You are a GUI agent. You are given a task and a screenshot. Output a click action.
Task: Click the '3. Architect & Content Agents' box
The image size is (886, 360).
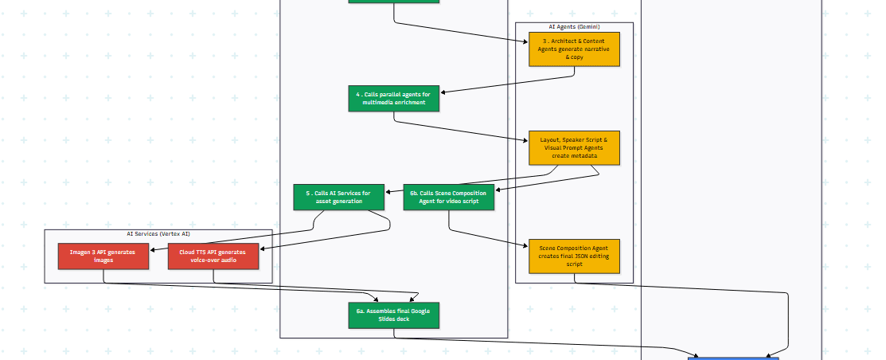(x=574, y=49)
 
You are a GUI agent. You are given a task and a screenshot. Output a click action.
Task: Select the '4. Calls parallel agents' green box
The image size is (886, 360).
(x=393, y=98)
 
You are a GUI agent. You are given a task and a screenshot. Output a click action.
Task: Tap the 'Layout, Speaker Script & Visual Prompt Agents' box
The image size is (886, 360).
(x=574, y=147)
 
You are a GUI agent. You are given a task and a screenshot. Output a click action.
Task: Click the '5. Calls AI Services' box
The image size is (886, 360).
(x=338, y=197)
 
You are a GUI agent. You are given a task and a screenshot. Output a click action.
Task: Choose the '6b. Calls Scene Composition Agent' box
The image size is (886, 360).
(x=448, y=197)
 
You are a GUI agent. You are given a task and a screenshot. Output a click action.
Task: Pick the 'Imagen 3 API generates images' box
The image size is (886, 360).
(x=103, y=256)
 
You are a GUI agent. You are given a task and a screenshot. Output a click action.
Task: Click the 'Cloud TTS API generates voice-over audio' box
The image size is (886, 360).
(x=213, y=256)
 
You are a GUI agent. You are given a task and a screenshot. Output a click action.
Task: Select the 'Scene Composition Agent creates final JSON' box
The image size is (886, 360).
(x=574, y=256)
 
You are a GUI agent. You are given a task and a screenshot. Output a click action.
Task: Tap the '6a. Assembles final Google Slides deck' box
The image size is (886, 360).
(x=393, y=315)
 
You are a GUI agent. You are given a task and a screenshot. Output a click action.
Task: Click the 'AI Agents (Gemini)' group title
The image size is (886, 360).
(x=574, y=26)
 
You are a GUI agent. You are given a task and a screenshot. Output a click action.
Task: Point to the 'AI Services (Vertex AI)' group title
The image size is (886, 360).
(x=158, y=234)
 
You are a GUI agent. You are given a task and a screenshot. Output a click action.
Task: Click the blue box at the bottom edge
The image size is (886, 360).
(x=733, y=358)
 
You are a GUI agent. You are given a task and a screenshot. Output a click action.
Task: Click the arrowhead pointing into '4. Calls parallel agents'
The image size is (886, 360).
(x=443, y=93)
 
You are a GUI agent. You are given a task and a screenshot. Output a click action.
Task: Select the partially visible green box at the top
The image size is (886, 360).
(x=393, y=1)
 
